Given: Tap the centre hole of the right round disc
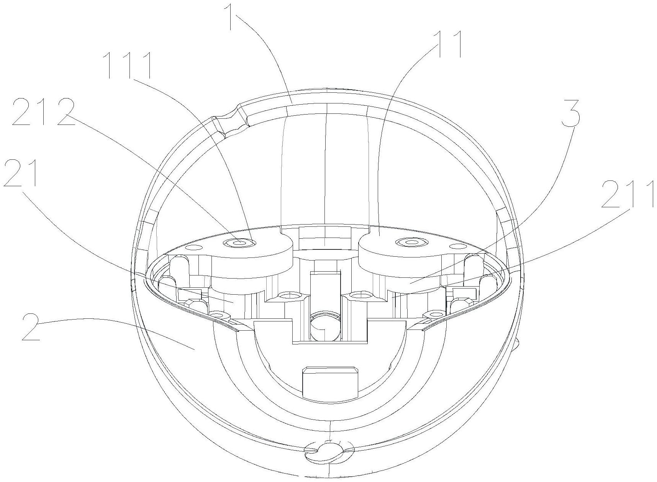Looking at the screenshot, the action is point(412,242).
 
